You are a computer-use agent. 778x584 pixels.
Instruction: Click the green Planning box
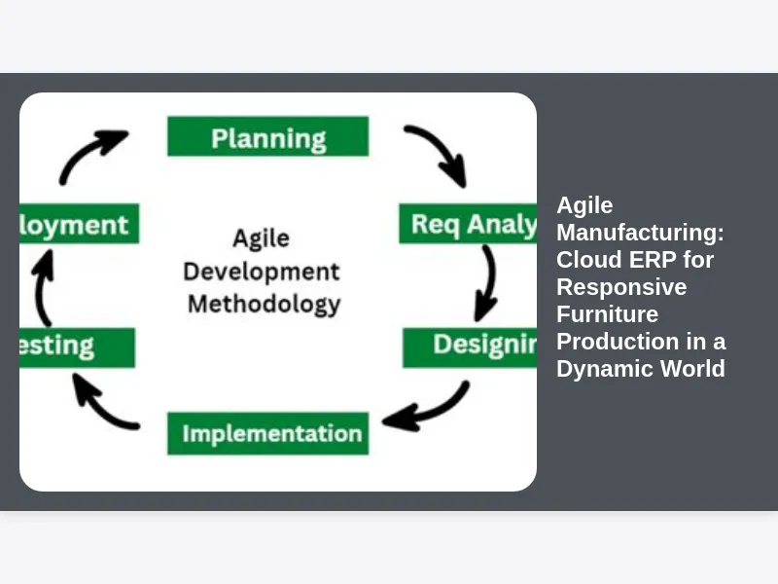click(x=267, y=136)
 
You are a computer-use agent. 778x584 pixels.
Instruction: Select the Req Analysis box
click(x=468, y=224)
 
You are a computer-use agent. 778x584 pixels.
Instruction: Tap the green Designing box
click(x=471, y=347)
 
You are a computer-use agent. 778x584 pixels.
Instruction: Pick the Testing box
click(x=77, y=347)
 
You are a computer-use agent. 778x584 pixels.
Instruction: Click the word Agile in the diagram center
click(x=261, y=238)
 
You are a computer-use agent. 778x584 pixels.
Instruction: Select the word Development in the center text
click(x=262, y=271)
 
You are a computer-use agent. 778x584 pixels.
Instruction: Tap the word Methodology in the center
click(x=264, y=304)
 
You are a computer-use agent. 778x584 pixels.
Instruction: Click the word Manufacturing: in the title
click(x=640, y=233)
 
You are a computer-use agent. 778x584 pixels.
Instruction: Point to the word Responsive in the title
click(x=621, y=287)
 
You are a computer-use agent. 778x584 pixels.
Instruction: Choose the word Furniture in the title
click(x=607, y=314)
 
